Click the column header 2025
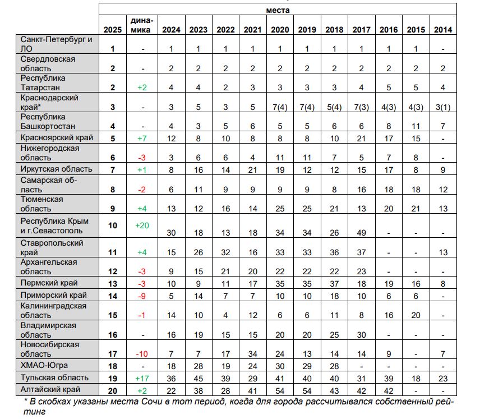pos(113,30)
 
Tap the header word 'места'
pos(278,10)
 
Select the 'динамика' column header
pos(142,25)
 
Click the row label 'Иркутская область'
pos(56,169)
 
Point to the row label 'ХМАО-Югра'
pos(44,365)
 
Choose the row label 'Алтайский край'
pos(50,390)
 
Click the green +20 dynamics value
pos(142,225)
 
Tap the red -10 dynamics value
pos(142,354)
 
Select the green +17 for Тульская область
pos(142,379)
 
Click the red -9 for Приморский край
pos(142,296)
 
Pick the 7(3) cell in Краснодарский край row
pos(362,107)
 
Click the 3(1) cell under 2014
pos(443,107)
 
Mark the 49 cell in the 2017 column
pos(362,233)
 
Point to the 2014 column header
pos(443,30)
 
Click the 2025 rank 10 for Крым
pos(113,225)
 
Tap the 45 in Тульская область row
pos(199,379)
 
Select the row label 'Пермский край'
pos(49,283)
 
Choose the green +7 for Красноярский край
pos(142,139)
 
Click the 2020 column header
pos(280,30)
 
